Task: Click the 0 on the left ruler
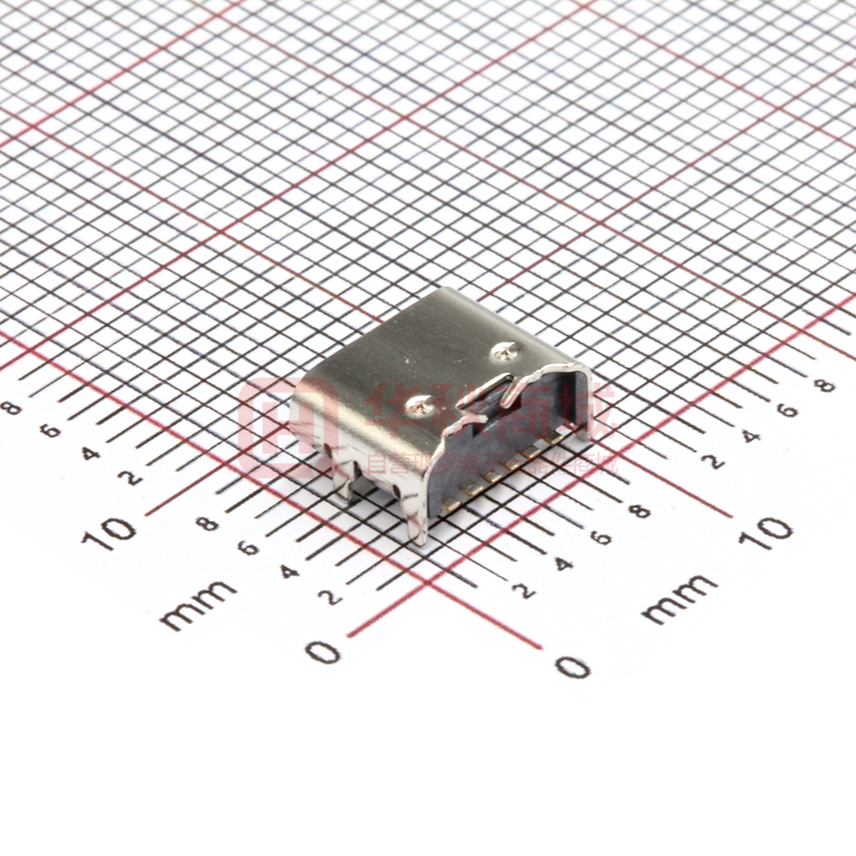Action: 324,652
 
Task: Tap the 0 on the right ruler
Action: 573,667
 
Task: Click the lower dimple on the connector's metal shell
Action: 419,406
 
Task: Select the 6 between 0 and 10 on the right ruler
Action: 601,537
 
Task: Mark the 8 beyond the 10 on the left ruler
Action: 12,409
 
